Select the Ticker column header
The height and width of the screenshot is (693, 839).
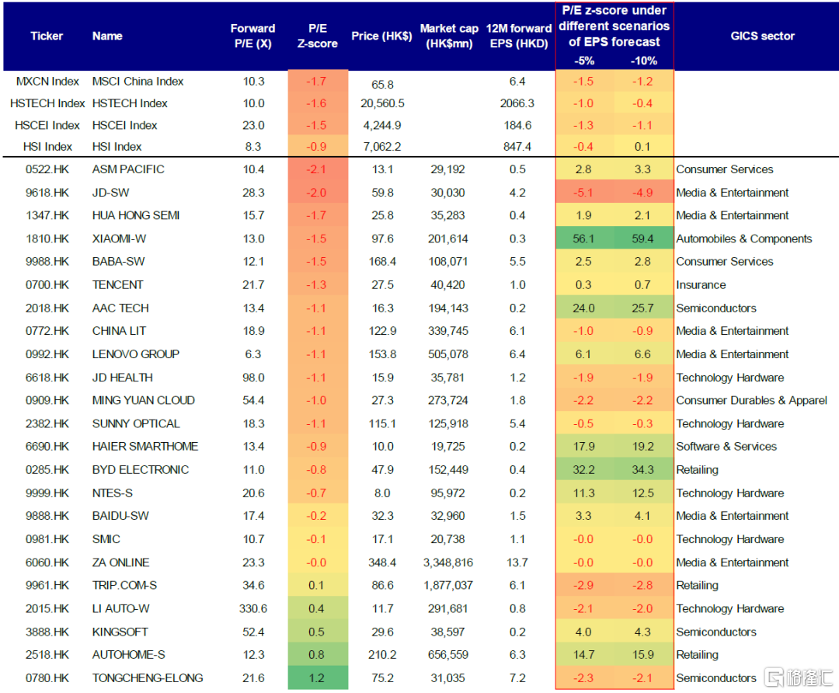[x=47, y=36]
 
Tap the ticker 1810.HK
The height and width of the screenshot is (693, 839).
[x=47, y=239]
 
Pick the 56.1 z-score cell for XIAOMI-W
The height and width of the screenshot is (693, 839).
[x=583, y=239]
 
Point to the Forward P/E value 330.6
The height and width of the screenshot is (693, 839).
[x=252, y=608]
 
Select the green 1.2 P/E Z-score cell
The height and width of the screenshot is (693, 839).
[x=317, y=678]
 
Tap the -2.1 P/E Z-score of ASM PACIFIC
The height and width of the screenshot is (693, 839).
[x=317, y=169]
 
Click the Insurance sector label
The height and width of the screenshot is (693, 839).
[x=701, y=285]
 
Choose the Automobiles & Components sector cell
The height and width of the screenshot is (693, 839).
[x=743, y=239]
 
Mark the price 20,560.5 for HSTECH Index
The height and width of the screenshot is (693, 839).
[x=382, y=103]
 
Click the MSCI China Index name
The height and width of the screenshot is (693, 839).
[x=138, y=82]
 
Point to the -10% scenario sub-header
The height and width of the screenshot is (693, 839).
[x=644, y=61]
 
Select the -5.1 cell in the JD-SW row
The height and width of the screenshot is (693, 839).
[x=583, y=193]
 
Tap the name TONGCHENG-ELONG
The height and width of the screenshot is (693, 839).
[x=148, y=678]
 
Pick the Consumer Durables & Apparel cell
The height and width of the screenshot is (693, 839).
[x=751, y=401]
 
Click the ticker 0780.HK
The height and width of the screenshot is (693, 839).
[x=47, y=678]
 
